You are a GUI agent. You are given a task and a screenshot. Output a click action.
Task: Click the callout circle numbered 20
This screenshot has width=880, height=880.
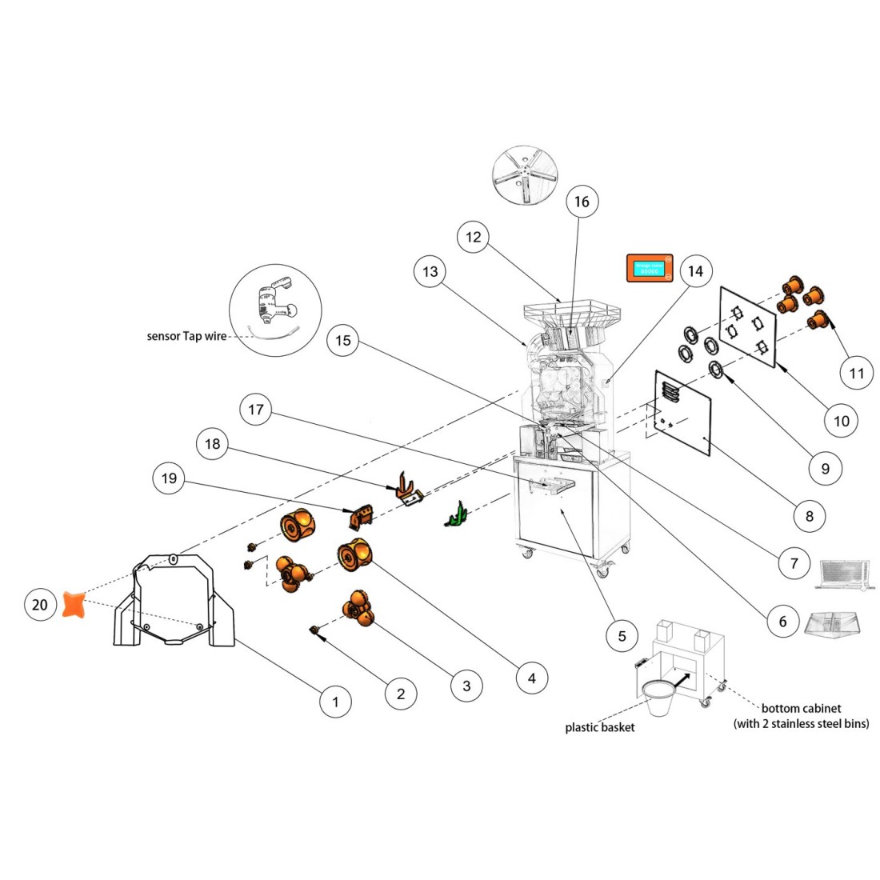click(x=40, y=605)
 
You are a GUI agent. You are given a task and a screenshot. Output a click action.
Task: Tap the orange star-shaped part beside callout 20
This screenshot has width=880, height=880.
click(x=74, y=604)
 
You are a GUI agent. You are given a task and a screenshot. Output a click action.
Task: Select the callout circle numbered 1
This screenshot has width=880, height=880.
click(x=336, y=702)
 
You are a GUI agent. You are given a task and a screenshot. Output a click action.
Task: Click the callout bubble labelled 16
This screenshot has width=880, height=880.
click(x=582, y=202)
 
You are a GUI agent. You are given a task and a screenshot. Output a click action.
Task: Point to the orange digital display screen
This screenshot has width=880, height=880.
click(x=650, y=270)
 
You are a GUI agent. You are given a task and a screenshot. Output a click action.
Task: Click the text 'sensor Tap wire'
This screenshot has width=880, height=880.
click(x=186, y=337)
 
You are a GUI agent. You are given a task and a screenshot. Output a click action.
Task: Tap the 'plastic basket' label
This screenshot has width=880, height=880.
click(x=600, y=727)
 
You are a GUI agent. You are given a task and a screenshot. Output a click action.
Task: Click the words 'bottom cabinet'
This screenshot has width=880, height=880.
click(x=801, y=709)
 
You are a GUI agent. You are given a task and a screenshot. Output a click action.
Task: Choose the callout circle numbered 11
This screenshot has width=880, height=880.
click(x=857, y=373)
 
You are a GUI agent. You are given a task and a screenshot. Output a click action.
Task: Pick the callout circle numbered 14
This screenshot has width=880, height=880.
click(x=695, y=271)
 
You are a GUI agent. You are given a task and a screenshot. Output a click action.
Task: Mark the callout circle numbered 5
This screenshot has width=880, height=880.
click(x=622, y=636)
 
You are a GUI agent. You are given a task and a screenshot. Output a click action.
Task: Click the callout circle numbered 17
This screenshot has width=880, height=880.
click(x=256, y=410)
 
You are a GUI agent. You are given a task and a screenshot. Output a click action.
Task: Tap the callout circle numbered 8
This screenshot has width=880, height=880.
click(x=809, y=516)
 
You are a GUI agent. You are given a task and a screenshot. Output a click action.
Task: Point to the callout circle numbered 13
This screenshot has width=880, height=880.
click(x=430, y=272)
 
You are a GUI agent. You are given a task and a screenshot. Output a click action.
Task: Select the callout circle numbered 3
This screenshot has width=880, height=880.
click(x=466, y=685)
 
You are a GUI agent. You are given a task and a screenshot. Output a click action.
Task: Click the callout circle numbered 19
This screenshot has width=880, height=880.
click(x=169, y=478)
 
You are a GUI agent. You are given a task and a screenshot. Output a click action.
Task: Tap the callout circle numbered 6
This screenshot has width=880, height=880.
click(x=782, y=621)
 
